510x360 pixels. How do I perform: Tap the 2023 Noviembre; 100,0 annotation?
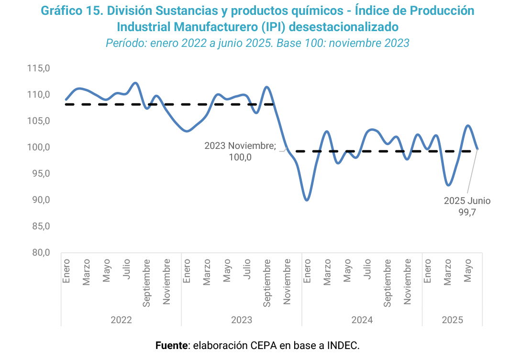240,151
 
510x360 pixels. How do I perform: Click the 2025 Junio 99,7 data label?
467,206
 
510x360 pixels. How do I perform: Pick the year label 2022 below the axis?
121,320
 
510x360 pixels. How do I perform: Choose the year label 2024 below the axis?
362,320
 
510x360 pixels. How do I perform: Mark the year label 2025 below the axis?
452,320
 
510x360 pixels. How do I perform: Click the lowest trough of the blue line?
307,200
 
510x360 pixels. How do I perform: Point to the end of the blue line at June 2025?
477,149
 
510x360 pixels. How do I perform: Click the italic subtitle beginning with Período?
257,43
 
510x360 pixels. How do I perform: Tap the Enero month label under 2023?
187,270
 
